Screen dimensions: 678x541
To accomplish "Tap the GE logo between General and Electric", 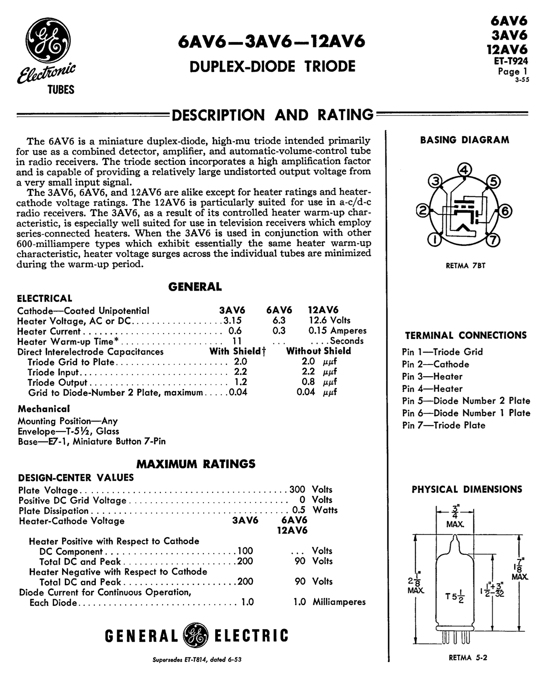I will [195, 635].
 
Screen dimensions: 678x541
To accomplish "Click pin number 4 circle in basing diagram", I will [464, 170].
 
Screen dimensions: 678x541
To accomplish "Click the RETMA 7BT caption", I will [465, 266].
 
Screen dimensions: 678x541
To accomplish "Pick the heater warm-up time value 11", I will [237, 341].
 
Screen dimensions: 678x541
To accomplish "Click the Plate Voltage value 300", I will [297, 490].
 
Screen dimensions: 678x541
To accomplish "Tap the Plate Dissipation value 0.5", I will [299, 510].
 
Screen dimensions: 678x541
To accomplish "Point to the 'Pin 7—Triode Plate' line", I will [443, 425].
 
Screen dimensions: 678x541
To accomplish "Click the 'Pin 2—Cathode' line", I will [435, 364].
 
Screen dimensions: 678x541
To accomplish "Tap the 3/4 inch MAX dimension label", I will [455, 517].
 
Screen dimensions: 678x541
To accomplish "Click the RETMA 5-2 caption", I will [468, 657].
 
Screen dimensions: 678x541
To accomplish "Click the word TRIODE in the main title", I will [329, 67].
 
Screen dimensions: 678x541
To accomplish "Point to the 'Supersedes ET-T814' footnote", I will [197, 660].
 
